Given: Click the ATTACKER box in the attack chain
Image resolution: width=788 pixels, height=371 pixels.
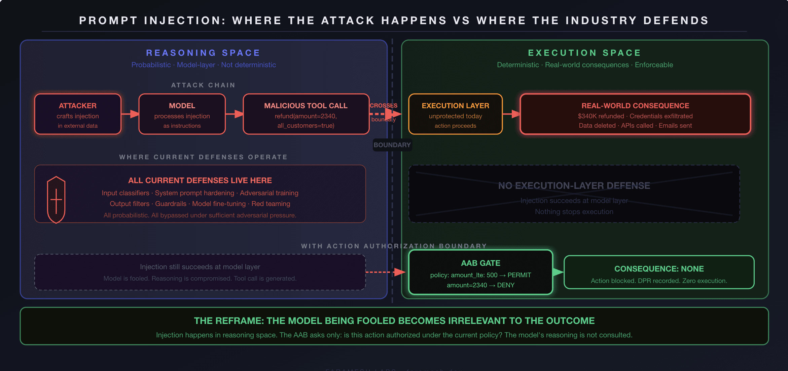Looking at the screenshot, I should coord(78,114).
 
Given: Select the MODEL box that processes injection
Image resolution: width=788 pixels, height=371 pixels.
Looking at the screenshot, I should coord(182,114).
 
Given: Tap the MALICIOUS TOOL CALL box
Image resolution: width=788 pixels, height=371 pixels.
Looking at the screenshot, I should coord(306,114).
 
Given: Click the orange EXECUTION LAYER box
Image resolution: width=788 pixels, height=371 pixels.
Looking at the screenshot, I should coord(455,114).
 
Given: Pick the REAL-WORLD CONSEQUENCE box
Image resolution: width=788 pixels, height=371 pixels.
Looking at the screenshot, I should coord(635,114).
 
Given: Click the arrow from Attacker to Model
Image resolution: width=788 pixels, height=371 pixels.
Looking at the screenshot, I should coord(130,114).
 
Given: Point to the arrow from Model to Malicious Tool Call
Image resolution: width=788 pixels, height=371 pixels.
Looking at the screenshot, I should coord(234,114).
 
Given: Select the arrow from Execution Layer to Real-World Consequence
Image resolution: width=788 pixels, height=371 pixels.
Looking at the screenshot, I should coord(511,114).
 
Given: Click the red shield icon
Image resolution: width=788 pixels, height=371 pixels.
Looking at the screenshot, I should coord(56,200).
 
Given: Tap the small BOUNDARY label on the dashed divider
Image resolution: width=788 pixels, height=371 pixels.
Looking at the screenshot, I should coord(392,145).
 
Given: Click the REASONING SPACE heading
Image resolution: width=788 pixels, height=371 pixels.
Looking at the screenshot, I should coord(203,53).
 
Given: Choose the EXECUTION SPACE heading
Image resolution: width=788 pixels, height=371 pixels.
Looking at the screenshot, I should coord(585,53).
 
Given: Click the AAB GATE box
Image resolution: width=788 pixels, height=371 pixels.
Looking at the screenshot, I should coord(480,272).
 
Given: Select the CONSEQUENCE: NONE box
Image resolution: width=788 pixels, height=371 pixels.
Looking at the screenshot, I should coord(659,272).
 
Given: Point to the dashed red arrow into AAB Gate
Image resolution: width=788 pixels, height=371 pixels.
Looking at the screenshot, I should coord(385,272).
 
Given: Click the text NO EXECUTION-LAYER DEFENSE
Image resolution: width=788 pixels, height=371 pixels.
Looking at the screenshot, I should coord(574,185).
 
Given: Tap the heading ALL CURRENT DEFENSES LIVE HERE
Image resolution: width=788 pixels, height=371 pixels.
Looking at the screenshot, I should coord(200,180).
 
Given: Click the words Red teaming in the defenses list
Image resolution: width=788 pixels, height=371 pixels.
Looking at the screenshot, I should coord(271,204).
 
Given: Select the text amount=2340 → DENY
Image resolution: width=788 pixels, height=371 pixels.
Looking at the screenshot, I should coord(480,285).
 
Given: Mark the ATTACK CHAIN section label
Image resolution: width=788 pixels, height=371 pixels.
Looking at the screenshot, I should coord(203,85).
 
